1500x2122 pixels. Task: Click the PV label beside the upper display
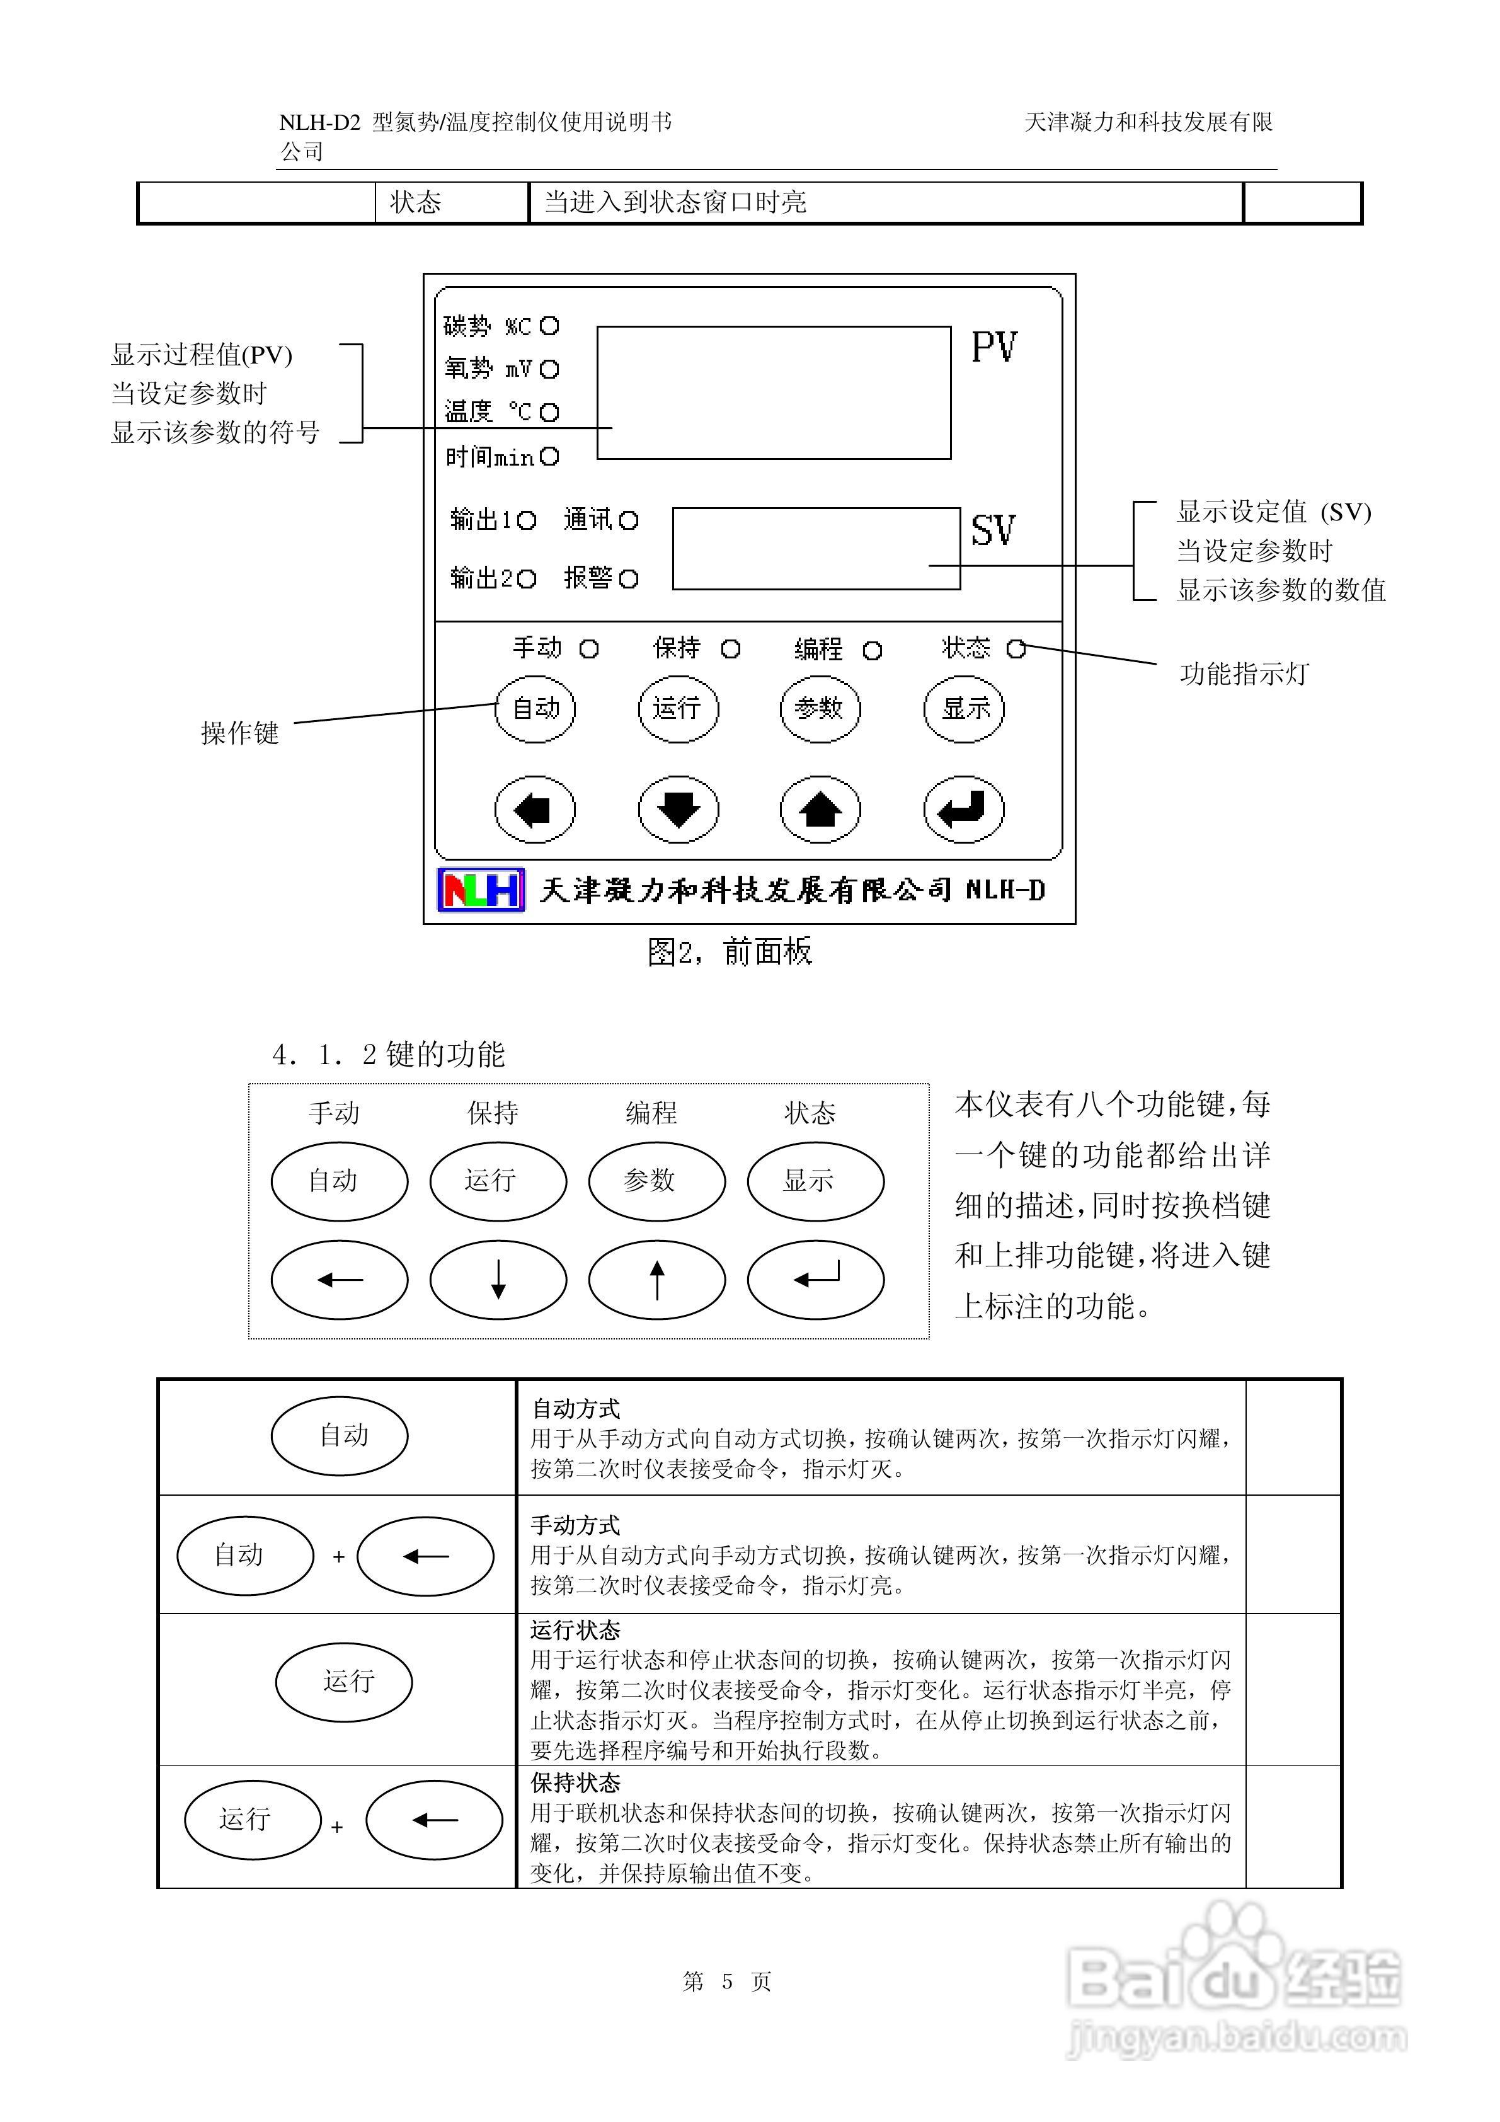coord(993,348)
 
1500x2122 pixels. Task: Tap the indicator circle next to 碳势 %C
coord(550,326)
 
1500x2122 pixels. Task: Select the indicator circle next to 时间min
coord(550,457)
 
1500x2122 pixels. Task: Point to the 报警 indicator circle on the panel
coord(629,580)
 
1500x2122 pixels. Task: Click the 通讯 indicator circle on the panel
coord(629,520)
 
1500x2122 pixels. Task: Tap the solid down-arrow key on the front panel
coord(678,810)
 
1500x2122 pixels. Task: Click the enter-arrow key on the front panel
coord(964,810)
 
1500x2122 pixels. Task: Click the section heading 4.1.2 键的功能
coord(388,1055)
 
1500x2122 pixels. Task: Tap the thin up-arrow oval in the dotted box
coord(656,1280)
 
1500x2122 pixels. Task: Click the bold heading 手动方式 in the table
coord(575,1525)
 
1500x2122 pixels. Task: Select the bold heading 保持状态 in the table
coord(575,1782)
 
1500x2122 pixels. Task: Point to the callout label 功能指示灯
coord(1244,674)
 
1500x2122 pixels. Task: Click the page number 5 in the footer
coord(728,1981)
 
